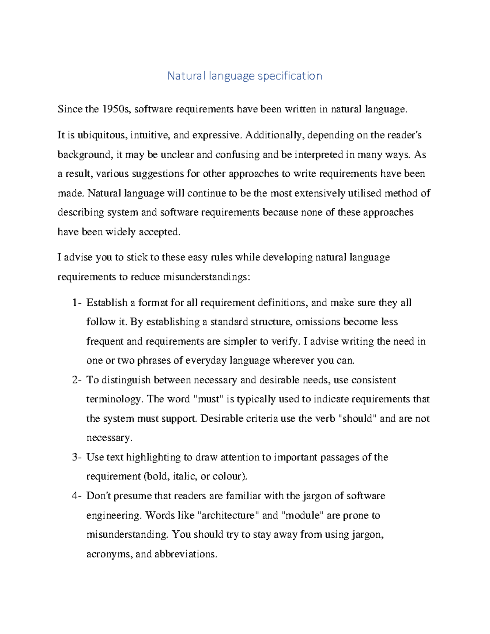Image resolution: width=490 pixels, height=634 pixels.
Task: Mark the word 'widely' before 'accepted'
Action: [121, 232]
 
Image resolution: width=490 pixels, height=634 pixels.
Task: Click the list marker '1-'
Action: [77, 303]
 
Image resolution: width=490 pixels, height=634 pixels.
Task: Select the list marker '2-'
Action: [77, 380]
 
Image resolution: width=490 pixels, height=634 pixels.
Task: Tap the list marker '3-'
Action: [77, 457]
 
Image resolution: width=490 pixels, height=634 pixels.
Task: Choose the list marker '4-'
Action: [77, 496]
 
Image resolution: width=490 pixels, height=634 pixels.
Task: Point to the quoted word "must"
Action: [209, 399]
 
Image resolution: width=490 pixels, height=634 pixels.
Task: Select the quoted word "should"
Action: [358, 419]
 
